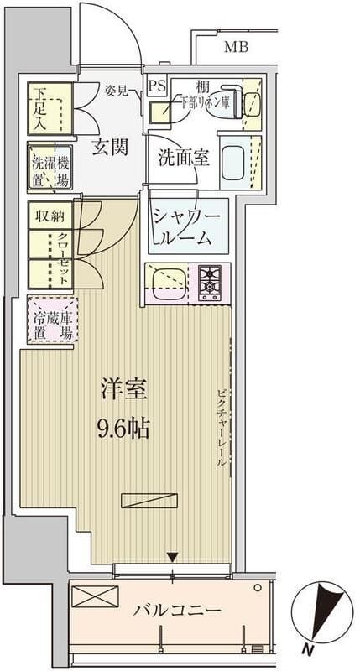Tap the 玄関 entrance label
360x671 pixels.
point(109,148)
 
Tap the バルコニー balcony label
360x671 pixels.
point(177,611)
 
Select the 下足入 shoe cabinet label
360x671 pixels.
point(39,107)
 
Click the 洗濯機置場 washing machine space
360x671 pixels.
point(51,170)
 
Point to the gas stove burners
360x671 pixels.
point(209,282)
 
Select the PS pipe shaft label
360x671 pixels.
point(157,86)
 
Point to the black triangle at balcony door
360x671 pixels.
point(172,557)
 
